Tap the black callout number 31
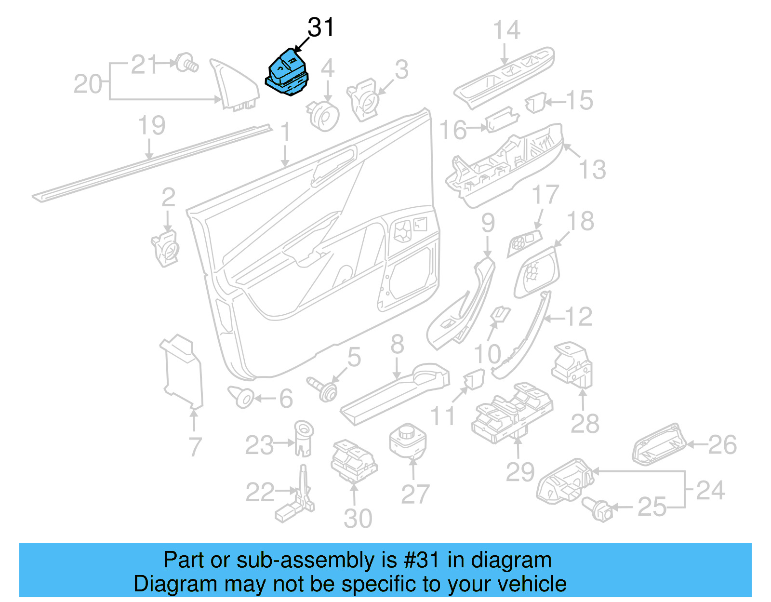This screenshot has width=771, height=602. (321, 27)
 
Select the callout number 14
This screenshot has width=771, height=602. (506, 30)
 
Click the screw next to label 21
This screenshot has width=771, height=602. (186, 63)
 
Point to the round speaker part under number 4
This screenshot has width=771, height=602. (323, 116)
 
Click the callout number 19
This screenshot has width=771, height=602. (151, 125)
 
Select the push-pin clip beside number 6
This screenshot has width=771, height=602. (242, 397)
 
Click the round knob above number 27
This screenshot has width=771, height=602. (408, 440)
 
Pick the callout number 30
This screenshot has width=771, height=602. (358, 519)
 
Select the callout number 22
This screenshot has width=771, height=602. (260, 492)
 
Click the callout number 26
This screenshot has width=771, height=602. (722, 444)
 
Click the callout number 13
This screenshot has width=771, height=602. (592, 170)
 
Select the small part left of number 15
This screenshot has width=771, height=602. (535, 103)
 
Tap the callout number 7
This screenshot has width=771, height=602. (195, 447)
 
